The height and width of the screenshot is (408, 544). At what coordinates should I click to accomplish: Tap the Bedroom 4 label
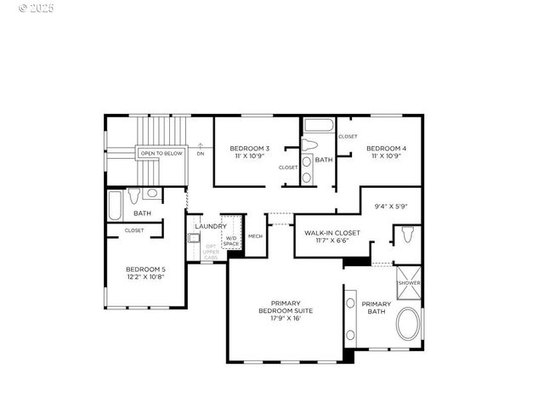tap(387, 149)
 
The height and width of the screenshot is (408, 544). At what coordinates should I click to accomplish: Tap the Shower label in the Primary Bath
tap(409, 282)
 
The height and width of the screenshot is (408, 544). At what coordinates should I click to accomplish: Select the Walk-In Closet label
tap(326, 232)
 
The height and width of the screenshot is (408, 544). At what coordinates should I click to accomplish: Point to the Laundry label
tap(210, 226)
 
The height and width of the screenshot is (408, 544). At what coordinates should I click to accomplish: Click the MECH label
tap(255, 236)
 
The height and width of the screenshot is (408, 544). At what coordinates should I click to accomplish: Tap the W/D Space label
tap(231, 241)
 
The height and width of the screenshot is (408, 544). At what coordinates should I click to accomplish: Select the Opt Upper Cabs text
tap(210, 252)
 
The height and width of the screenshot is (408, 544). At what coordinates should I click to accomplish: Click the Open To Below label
tap(161, 153)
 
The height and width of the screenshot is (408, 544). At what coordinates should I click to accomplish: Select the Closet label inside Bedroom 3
tap(288, 167)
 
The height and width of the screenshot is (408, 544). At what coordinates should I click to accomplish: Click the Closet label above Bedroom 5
tap(134, 229)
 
